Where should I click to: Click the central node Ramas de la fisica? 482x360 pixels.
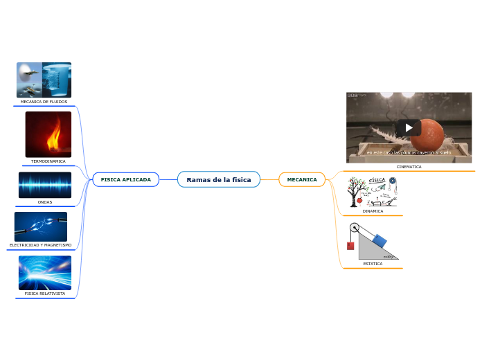219,180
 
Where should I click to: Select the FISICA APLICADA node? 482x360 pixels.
126,179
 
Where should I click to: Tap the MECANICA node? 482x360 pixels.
302,180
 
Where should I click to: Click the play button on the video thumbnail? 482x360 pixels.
409,127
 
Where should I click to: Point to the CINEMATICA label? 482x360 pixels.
409,167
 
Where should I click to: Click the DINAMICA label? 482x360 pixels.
373,211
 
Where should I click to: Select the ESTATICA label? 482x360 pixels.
373,264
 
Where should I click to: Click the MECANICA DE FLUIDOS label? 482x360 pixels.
44,102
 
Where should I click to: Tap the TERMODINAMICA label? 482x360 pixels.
48,161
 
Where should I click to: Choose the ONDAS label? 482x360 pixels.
45,202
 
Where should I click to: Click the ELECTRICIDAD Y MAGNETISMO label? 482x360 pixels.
40,245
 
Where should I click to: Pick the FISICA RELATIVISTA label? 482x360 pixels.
45,294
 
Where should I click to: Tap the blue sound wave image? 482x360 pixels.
45,185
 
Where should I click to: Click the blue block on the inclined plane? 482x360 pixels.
380,240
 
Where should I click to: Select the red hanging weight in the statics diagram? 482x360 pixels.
350,246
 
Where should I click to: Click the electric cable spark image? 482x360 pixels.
41,226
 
